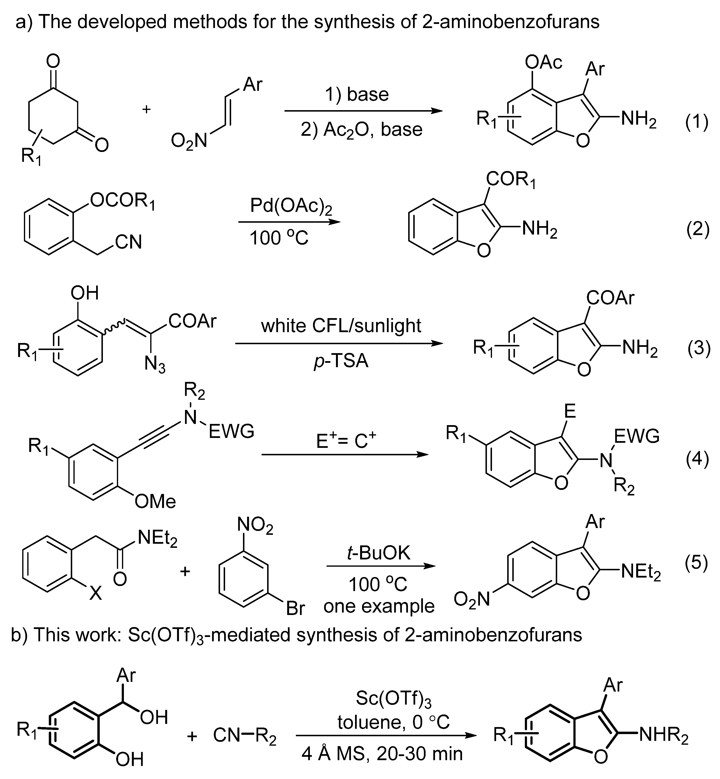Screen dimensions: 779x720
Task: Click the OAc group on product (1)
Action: coord(543,62)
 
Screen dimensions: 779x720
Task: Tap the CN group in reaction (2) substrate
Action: coord(128,242)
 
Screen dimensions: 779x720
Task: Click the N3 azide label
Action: coord(155,365)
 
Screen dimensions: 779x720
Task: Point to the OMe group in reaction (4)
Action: coord(155,501)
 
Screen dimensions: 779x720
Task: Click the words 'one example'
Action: coord(379,606)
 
